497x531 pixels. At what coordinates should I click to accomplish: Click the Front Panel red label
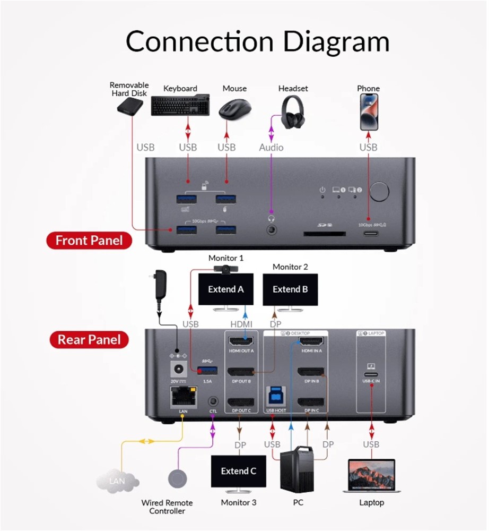89,241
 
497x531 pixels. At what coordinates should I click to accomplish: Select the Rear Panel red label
89,340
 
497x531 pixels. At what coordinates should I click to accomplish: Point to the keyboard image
181,105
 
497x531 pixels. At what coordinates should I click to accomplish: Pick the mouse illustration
234,107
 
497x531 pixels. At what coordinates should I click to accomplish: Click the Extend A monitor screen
225,289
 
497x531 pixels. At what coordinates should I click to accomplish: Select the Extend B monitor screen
290,289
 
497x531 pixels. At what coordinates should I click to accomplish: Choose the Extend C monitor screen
239,471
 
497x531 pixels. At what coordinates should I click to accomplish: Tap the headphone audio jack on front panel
272,230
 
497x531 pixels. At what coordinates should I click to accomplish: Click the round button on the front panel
379,192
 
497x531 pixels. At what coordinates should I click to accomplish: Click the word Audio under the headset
271,147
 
